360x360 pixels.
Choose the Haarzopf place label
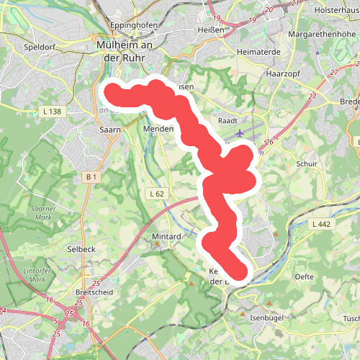click(282, 73)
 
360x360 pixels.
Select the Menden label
click(159, 129)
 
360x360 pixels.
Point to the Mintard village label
click(166, 235)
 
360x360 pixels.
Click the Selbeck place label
click(81, 248)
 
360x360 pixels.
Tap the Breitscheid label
click(91, 292)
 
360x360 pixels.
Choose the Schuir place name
click(307, 164)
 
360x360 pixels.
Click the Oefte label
click(304, 276)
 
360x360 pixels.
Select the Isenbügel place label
click(267, 317)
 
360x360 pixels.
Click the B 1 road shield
click(91, 176)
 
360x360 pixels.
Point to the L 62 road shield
click(156, 194)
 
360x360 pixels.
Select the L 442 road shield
click(321, 225)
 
